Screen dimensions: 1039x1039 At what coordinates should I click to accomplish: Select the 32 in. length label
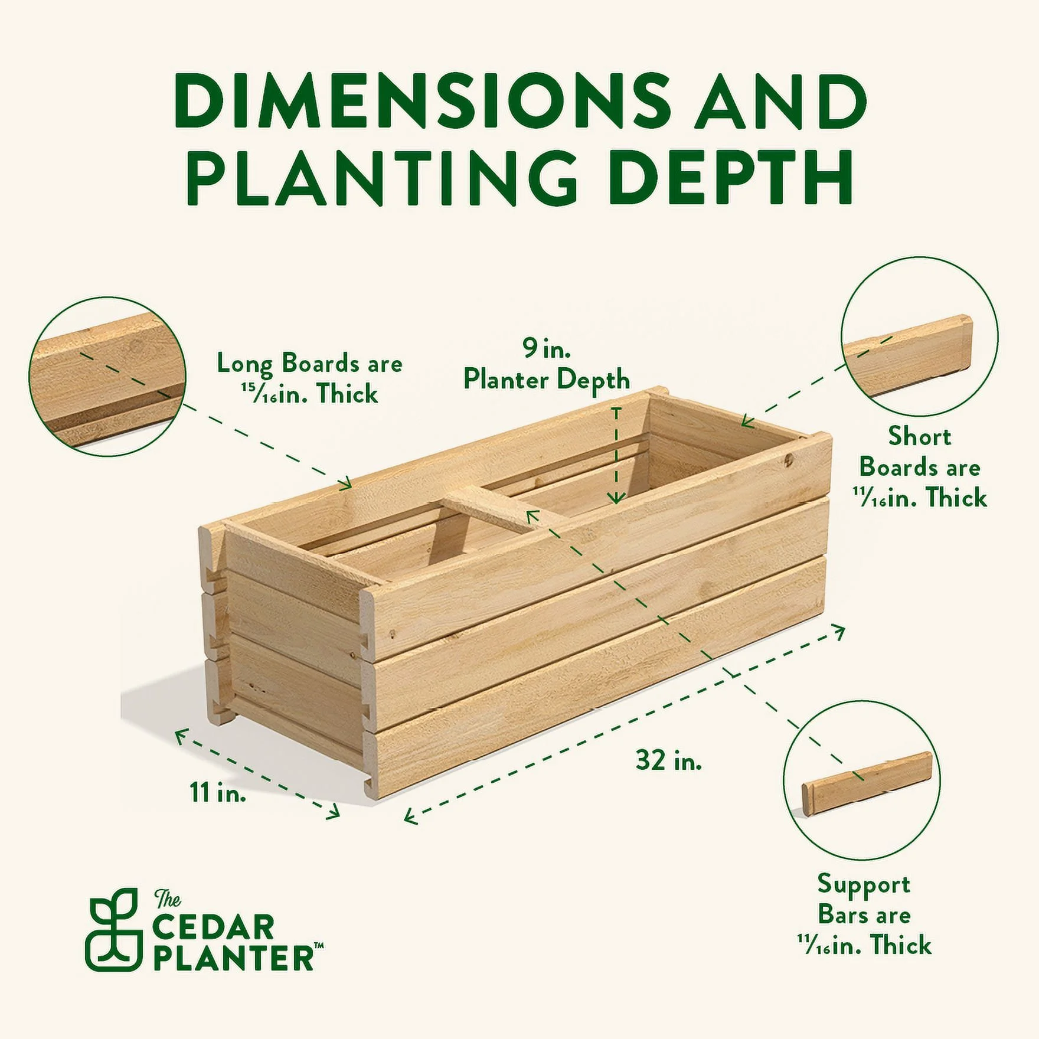[x=668, y=760]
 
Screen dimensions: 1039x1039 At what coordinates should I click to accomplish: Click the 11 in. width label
[x=217, y=792]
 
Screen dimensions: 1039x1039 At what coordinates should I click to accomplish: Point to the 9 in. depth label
[x=546, y=349]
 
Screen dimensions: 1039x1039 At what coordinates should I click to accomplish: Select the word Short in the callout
[x=919, y=436]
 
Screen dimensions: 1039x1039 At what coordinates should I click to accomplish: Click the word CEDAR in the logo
[x=214, y=927]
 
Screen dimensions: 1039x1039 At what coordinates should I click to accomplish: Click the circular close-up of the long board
[x=107, y=377]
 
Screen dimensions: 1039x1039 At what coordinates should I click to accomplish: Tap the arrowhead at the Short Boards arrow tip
[x=746, y=421]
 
